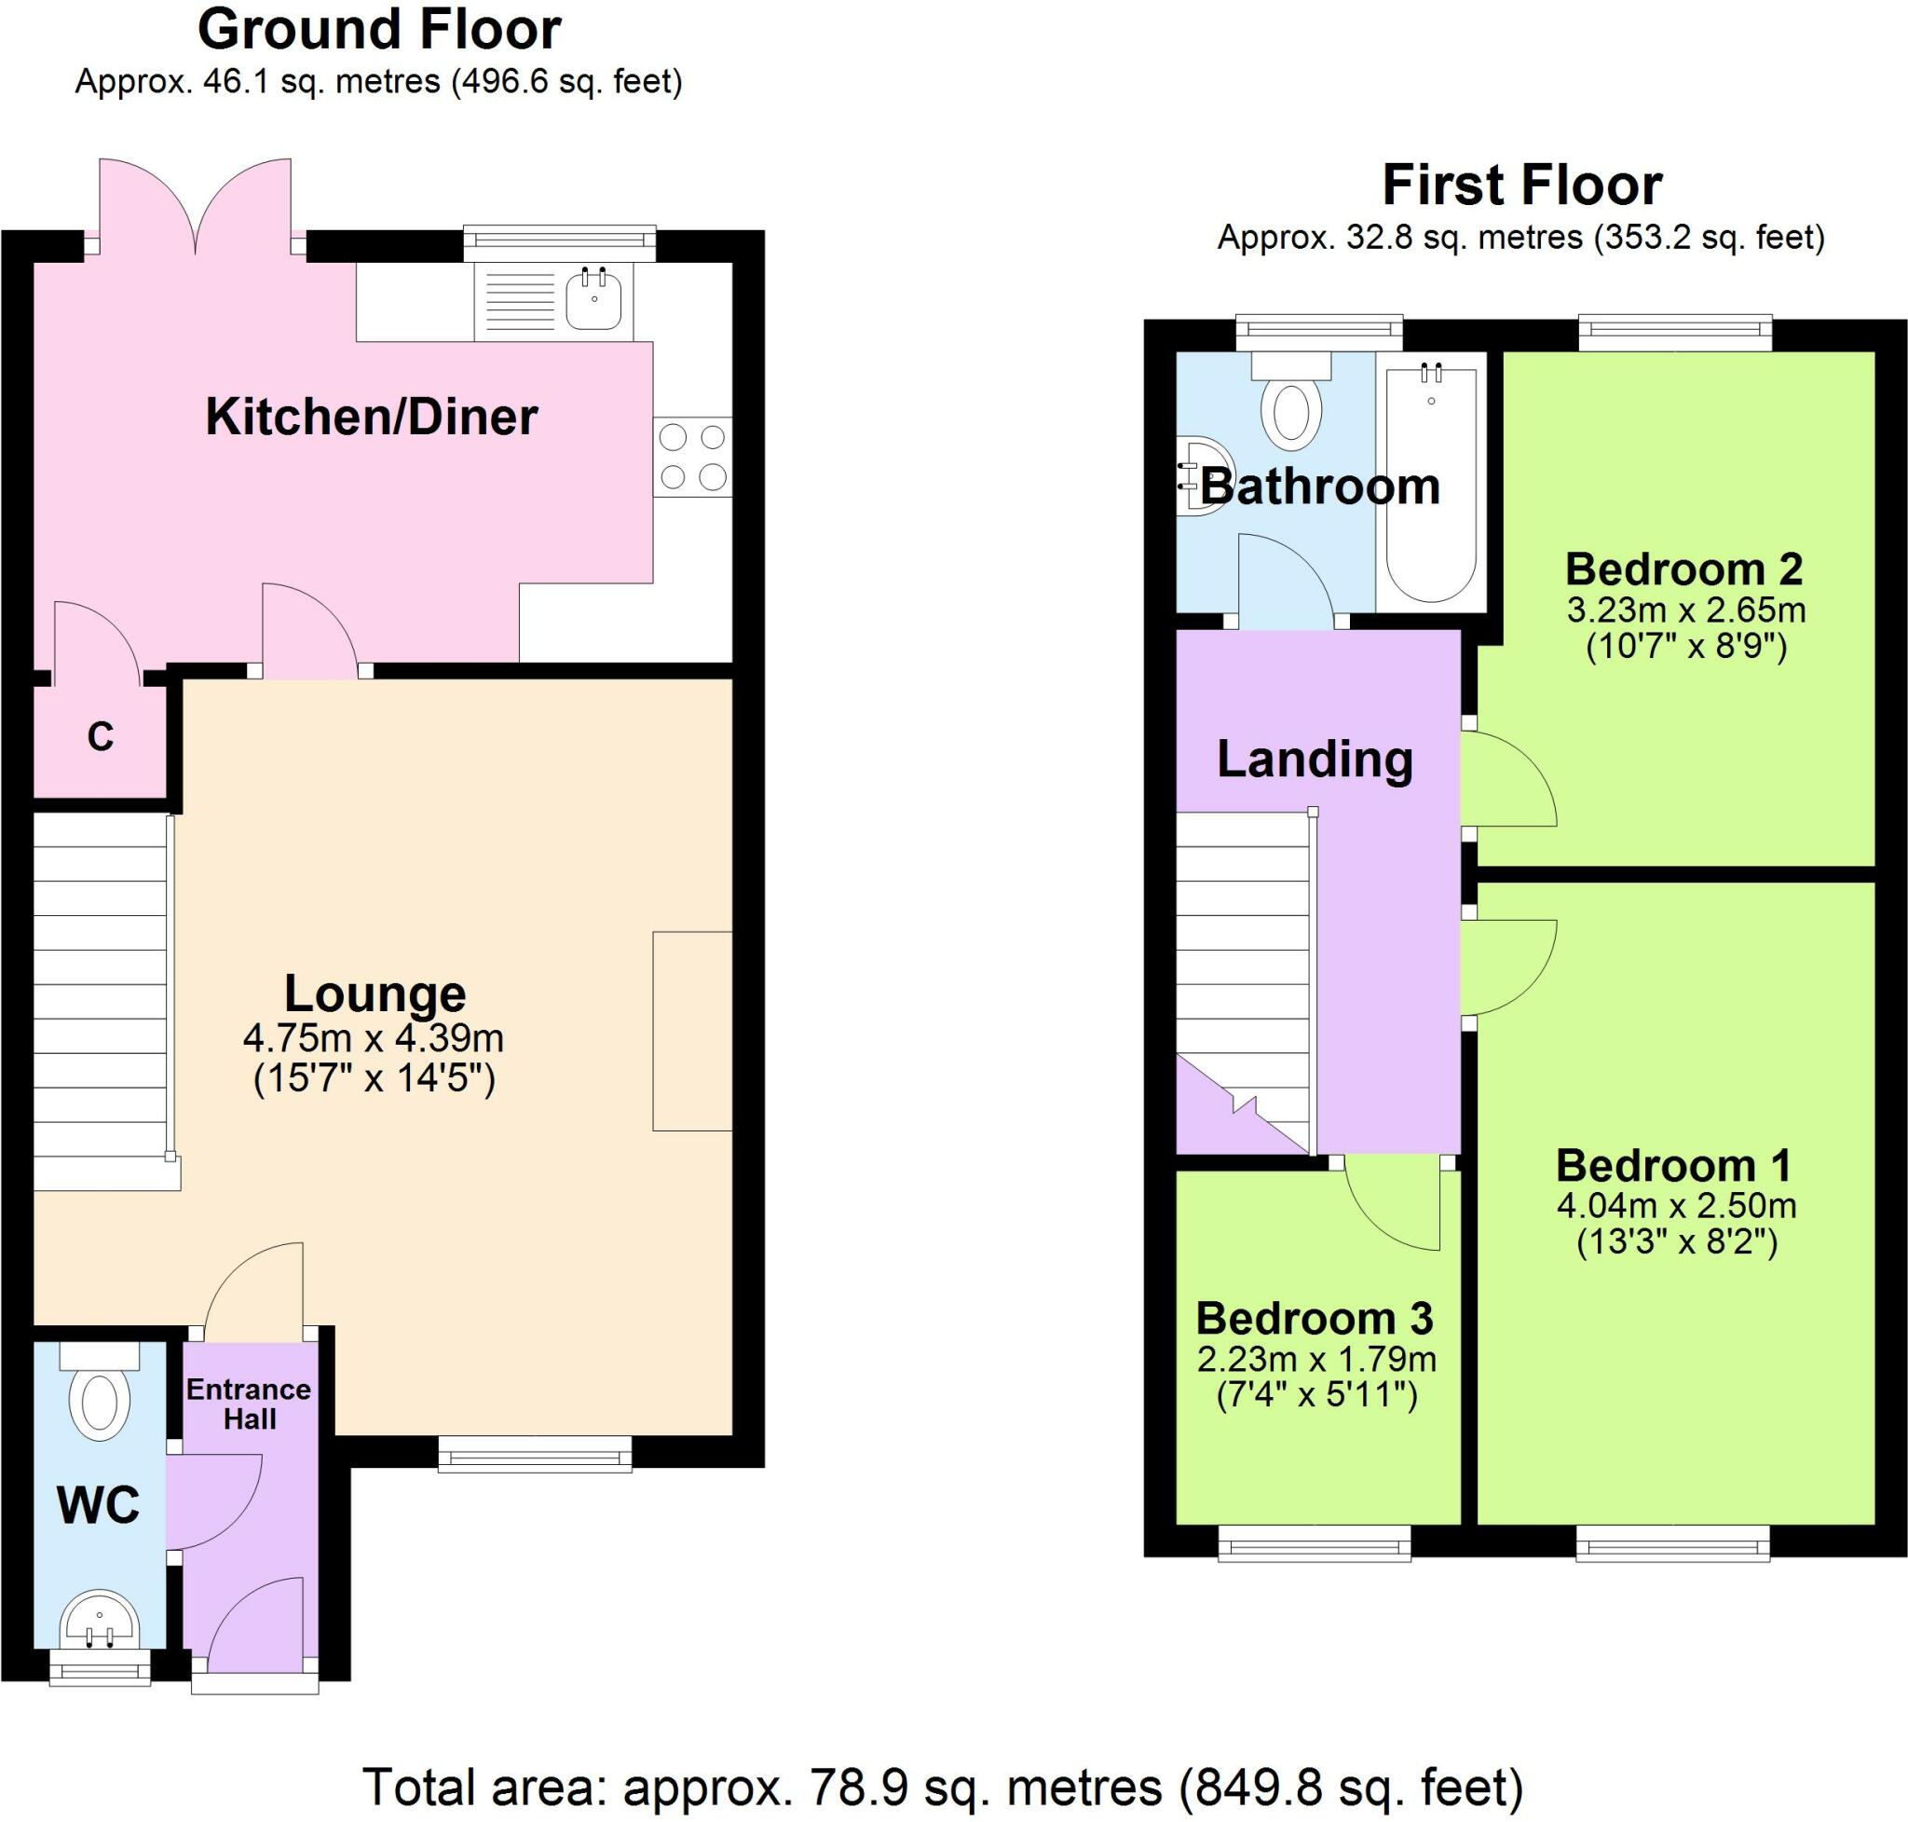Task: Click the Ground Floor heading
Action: [378, 31]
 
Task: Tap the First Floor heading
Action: [1521, 185]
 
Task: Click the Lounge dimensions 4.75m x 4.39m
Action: [374, 1040]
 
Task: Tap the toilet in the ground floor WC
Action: [100, 1390]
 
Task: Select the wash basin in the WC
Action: [100, 1621]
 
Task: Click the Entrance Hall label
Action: [249, 1404]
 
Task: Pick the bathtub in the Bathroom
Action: [1431, 482]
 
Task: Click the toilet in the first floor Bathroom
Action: [1290, 399]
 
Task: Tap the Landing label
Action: [1315, 760]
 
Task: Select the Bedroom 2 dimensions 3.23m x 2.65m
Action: [1686, 610]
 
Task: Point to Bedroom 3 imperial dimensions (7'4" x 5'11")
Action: [1316, 1397]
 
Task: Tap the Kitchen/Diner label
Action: [372, 418]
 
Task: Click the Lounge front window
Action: [535, 1454]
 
